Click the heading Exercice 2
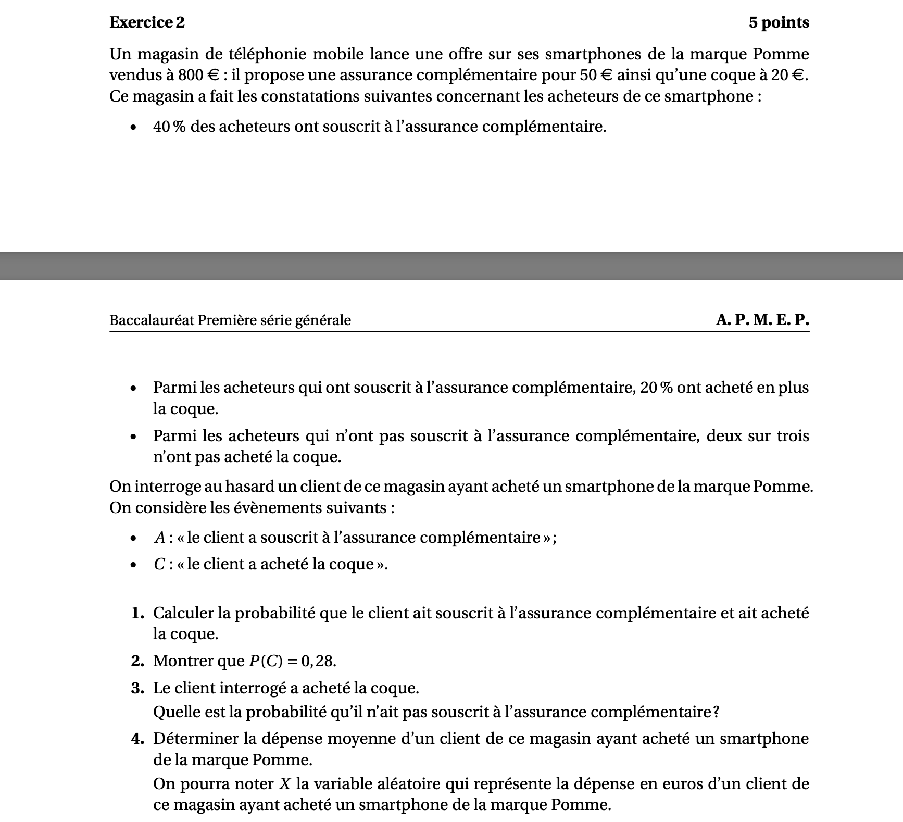[147, 22]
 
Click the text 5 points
[779, 22]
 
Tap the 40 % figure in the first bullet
[169, 127]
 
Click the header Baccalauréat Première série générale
[230, 320]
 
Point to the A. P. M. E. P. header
[762, 319]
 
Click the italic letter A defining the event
[159, 538]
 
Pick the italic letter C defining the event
[159, 564]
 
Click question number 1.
[137, 613]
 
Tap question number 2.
[137, 661]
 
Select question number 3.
[137, 688]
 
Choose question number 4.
[137, 739]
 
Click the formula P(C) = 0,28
[292, 661]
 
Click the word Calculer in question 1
[183, 613]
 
